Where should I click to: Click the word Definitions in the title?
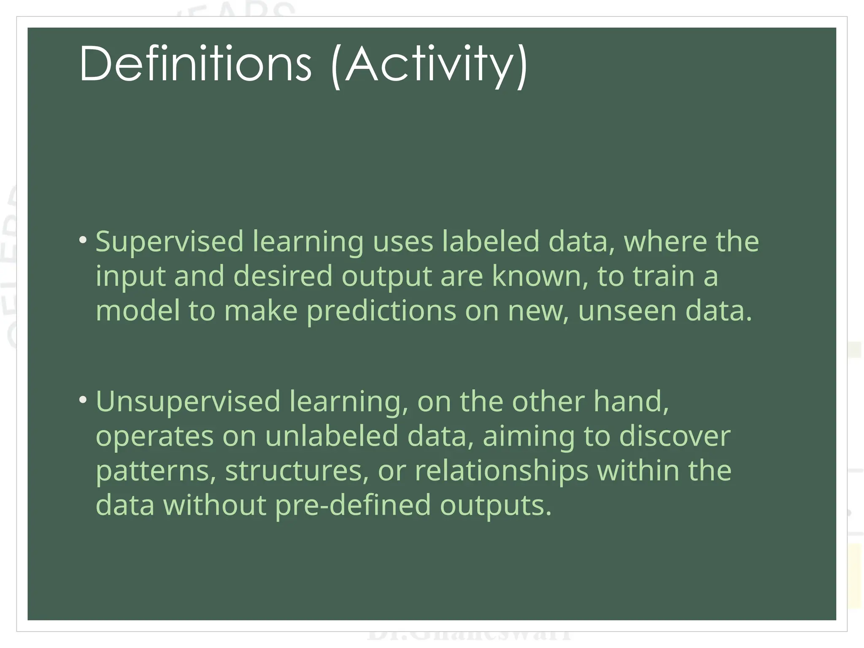tap(195, 64)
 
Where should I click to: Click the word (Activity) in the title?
tap(429, 65)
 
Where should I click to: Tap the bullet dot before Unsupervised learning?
tap(83, 400)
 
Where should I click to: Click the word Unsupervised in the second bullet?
tap(188, 402)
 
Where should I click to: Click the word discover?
tap(675, 436)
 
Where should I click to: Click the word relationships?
tap(501, 472)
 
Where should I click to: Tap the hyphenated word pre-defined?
tap(353, 506)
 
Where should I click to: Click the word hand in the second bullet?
tap(631, 401)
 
